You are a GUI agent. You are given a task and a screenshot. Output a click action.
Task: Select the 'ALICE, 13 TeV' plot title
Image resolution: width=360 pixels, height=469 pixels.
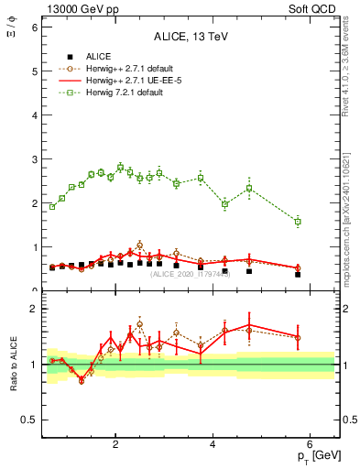(x=191, y=38)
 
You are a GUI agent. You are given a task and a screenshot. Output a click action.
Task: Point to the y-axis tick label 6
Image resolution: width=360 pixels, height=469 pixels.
(x=35, y=27)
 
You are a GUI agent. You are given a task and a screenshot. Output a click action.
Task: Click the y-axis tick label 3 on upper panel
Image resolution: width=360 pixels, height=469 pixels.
(x=35, y=159)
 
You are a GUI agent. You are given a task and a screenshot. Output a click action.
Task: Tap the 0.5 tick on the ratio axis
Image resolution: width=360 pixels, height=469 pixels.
(x=30, y=420)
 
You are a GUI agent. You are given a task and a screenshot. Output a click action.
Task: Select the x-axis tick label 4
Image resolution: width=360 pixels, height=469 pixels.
(x=213, y=443)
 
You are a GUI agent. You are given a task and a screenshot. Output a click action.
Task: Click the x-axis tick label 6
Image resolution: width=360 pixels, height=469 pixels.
(x=311, y=443)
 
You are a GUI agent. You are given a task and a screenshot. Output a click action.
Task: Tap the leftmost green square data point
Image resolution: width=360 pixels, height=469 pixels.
(x=52, y=207)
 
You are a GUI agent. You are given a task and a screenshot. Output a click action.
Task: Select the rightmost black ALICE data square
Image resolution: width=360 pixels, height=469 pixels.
(x=298, y=274)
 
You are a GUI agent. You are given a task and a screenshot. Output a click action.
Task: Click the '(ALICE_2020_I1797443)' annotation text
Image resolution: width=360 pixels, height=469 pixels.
(x=191, y=274)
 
